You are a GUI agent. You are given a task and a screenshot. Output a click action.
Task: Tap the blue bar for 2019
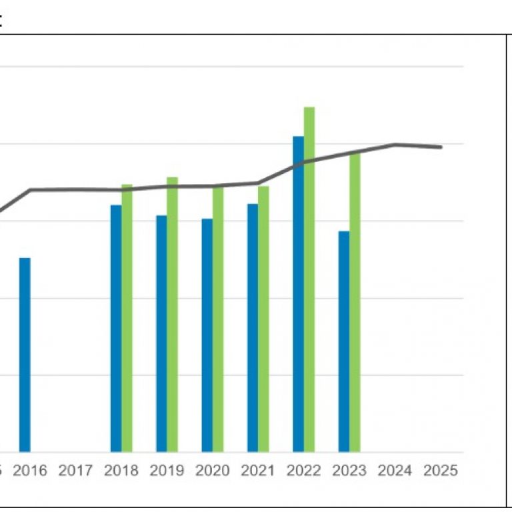pos(161,333)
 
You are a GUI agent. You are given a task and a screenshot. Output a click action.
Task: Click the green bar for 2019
pos(172,314)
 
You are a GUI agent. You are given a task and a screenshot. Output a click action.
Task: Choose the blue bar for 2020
pos(207,335)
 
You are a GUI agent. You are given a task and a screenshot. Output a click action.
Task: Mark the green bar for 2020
pos(218,319)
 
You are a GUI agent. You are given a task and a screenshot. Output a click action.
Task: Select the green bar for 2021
pos(263,319)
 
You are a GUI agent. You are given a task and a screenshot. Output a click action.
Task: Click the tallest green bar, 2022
pos(309,279)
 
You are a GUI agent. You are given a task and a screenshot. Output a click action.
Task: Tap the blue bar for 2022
pos(298,294)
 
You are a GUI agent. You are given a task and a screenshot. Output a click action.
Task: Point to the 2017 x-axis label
pos(75,471)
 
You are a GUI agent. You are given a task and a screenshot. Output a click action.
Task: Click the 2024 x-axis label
pos(395,471)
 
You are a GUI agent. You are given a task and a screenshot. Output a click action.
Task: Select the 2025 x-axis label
pos(440,471)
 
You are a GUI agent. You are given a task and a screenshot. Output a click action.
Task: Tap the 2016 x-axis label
pos(30,471)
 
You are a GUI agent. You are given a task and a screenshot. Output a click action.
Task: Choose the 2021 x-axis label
pos(258,471)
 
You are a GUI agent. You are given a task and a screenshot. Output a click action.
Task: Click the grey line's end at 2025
pos(441,147)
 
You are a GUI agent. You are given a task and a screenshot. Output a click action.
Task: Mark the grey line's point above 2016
pos(30,190)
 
